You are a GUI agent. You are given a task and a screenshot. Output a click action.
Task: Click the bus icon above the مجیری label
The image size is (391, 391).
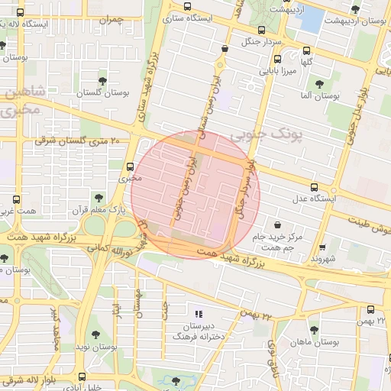(x=129, y=166)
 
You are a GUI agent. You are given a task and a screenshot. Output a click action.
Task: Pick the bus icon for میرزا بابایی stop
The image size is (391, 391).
(x=276, y=58)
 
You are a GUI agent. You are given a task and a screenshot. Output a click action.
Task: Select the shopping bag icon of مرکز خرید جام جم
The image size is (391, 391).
(x=276, y=225)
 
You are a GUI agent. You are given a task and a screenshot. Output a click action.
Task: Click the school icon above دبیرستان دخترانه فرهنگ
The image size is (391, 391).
(x=199, y=313)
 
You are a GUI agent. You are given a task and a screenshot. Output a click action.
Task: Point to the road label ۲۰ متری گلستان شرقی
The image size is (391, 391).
(x=73, y=141)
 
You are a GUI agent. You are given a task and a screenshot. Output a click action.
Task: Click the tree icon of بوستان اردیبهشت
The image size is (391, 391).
(x=354, y=9)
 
